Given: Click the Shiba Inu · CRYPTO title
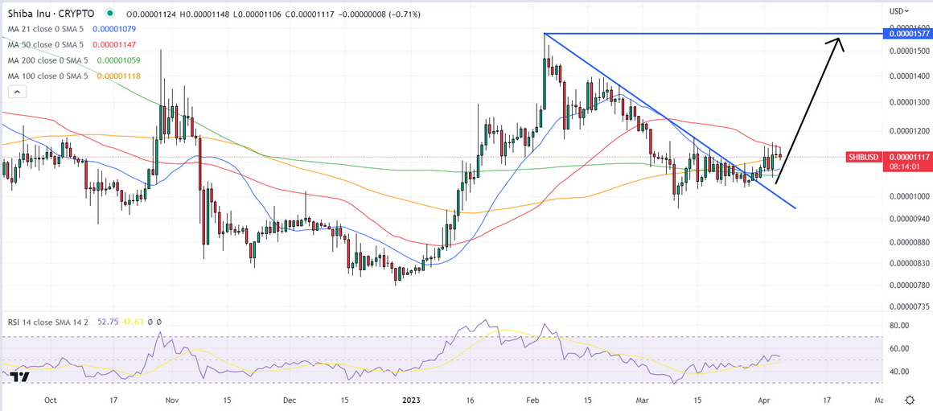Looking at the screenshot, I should pos(49,14).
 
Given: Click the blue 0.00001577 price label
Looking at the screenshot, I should pos(906,34).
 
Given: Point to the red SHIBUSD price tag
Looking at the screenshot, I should pos(865,157).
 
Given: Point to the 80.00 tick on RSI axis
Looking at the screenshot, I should pos(898,326).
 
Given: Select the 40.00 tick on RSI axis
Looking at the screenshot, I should pos(898,372).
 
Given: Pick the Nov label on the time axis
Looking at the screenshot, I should pos(171,399).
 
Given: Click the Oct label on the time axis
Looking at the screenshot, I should pos(51,399).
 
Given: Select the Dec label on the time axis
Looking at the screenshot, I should pos(290,399).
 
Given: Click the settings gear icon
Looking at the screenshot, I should pos(909,400).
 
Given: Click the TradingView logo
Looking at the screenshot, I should pos(20,376).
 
